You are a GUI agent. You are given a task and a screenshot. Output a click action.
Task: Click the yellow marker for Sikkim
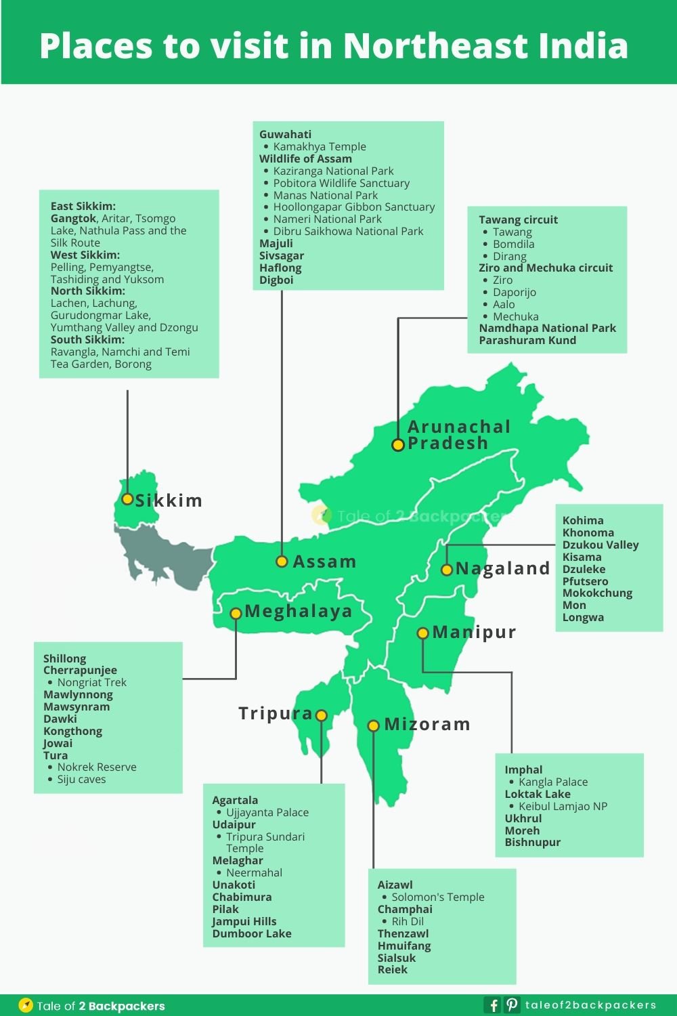point(127,499)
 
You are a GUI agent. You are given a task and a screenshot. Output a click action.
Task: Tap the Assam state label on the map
point(324,562)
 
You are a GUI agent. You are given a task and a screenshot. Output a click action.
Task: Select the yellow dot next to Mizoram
point(373,725)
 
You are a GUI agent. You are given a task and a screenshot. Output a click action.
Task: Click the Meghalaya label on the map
point(299,611)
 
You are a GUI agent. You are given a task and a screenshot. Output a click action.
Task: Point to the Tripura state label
point(275,713)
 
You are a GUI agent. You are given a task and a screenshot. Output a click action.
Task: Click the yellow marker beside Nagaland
point(447,570)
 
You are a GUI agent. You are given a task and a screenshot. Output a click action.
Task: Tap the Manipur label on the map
point(474,632)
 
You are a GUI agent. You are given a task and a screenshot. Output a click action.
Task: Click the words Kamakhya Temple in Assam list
point(320,146)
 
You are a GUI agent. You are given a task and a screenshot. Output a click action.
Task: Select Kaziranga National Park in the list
point(333,171)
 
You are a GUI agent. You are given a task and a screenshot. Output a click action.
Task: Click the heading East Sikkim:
point(83,206)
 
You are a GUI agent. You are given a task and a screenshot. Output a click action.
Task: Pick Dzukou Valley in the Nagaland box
point(600,545)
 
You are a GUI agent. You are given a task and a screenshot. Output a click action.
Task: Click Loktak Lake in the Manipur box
point(538,794)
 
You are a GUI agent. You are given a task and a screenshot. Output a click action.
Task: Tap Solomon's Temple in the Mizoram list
point(438,897)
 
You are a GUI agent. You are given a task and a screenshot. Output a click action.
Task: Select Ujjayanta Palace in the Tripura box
point(267,812)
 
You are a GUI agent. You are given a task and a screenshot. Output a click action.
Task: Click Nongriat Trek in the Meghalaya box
point(92,682)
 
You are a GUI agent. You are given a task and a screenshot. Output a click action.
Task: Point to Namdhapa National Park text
point(547,328)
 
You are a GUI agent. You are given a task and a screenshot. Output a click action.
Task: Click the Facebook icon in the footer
point(494,1005)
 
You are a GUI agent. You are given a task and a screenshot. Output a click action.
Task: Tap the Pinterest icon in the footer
point(512,1005)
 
